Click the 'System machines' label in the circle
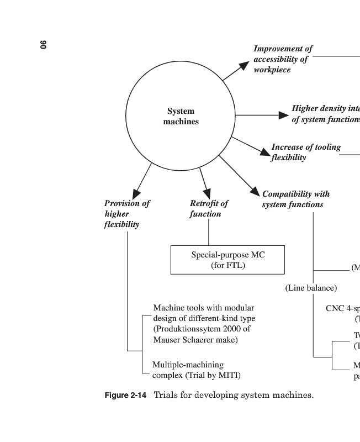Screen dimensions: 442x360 click(x=181, y=116)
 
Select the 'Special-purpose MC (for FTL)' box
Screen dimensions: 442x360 click(x=227, y=260)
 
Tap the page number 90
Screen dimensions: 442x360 click(x=44, y=45)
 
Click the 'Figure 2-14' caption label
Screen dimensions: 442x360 click(x=125, y=396)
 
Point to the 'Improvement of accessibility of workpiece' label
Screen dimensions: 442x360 click(x=282, y=59)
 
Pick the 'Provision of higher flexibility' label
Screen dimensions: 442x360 click(x=126, y=213)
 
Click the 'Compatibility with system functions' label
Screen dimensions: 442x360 click(x=295, y=199)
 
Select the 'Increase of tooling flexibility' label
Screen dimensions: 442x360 click(x=305, y=152)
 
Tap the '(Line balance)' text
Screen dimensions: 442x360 click(x=311, y=288)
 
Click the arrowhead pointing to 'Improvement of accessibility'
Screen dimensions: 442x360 click(x=243, y=66)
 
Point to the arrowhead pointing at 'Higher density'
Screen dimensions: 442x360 click(x=284, y=115)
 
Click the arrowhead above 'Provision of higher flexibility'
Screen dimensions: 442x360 click(x=136, y=193)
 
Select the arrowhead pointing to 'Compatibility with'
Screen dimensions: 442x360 click(x=254, y=191)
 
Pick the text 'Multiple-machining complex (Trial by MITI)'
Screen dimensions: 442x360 click(x=196, y=370)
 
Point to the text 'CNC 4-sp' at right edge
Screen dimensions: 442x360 click(x=343, y=308)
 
